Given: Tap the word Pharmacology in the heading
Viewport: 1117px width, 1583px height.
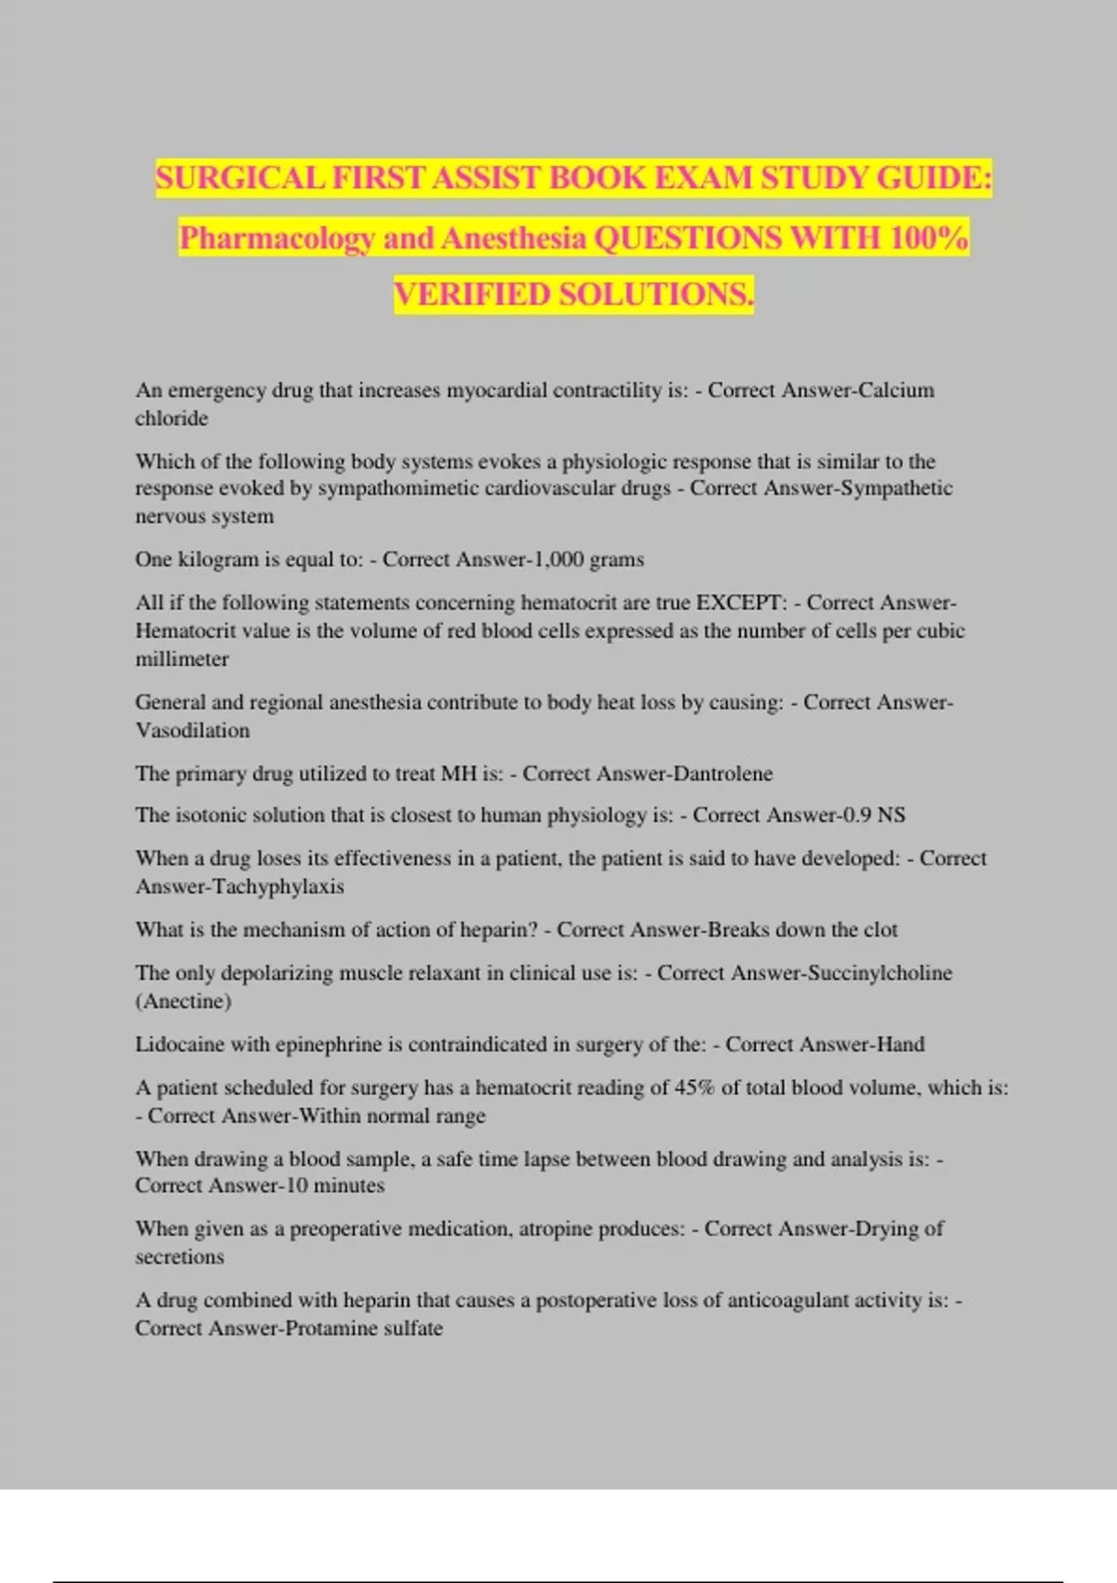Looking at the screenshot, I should [x=277, y=238].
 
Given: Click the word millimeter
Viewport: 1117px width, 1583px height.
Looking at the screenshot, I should [x=182, y=659].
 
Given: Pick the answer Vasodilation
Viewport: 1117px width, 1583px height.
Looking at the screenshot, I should [x=193, y=731].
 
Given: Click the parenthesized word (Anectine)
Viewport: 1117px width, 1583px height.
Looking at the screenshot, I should [x=183, y=1002].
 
